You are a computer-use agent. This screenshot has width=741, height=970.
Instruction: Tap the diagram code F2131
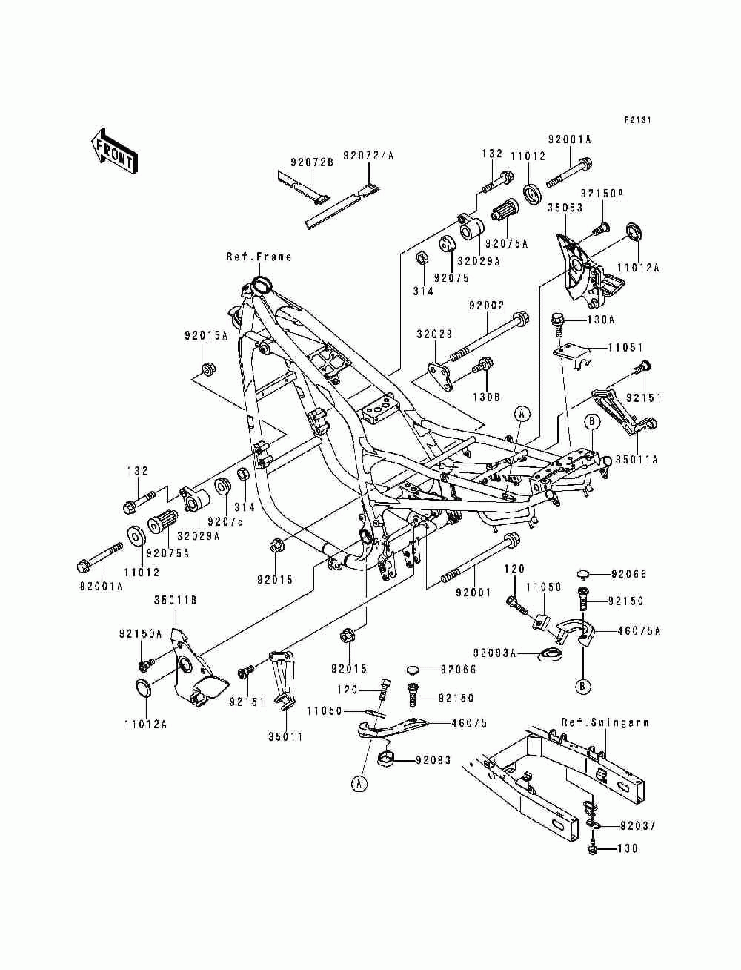[638, 119]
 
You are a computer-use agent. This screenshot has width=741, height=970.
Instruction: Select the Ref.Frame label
[259, 257]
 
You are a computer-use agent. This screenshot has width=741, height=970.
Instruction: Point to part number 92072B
[312, 162]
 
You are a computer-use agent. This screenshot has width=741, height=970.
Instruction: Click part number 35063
[565, 207]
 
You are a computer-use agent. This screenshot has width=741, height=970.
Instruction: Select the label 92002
[486, 306]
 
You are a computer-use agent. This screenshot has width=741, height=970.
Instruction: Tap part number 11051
[625, 347]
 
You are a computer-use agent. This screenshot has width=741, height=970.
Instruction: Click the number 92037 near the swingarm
[638, 825]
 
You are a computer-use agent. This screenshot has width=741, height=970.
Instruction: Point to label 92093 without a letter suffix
[433, 760]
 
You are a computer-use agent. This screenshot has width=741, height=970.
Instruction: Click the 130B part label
[486, 397]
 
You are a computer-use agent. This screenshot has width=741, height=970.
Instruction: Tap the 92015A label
[206, 336]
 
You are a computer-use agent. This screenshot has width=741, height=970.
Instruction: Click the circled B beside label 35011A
[592, 421]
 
